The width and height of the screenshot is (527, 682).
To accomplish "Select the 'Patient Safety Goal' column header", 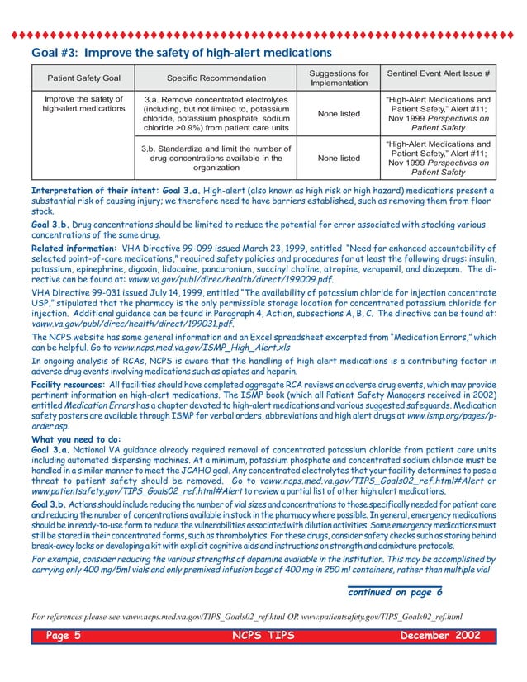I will tap(83, 78).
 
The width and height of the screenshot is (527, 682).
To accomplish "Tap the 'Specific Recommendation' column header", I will tap(216, 78).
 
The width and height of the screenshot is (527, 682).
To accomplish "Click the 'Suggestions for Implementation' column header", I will tap(339, 78).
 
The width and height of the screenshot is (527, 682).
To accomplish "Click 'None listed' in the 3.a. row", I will tap(339, 114).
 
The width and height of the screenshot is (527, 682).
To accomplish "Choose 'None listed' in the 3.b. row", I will tap(339, 158).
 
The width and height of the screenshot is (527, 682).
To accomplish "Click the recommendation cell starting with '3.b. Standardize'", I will tap(216, 158).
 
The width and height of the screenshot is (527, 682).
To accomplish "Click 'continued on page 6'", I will tap(396, 592).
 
